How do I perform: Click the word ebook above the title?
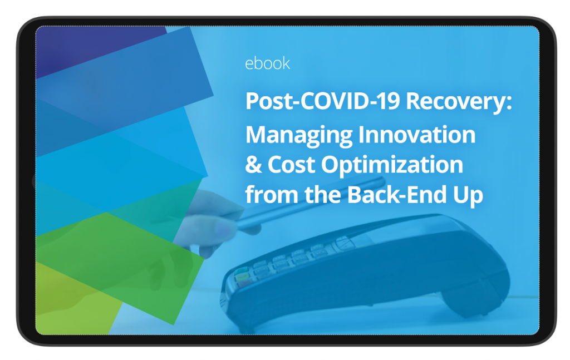click(268, 63)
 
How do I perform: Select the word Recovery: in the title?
click(459, 102)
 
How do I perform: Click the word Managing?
click(299, 136)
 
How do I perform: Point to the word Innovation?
click(417, 135)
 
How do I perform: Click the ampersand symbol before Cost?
click(253, 165)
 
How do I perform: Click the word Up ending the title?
click(468, 196)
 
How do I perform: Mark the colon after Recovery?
click(509, 103)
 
